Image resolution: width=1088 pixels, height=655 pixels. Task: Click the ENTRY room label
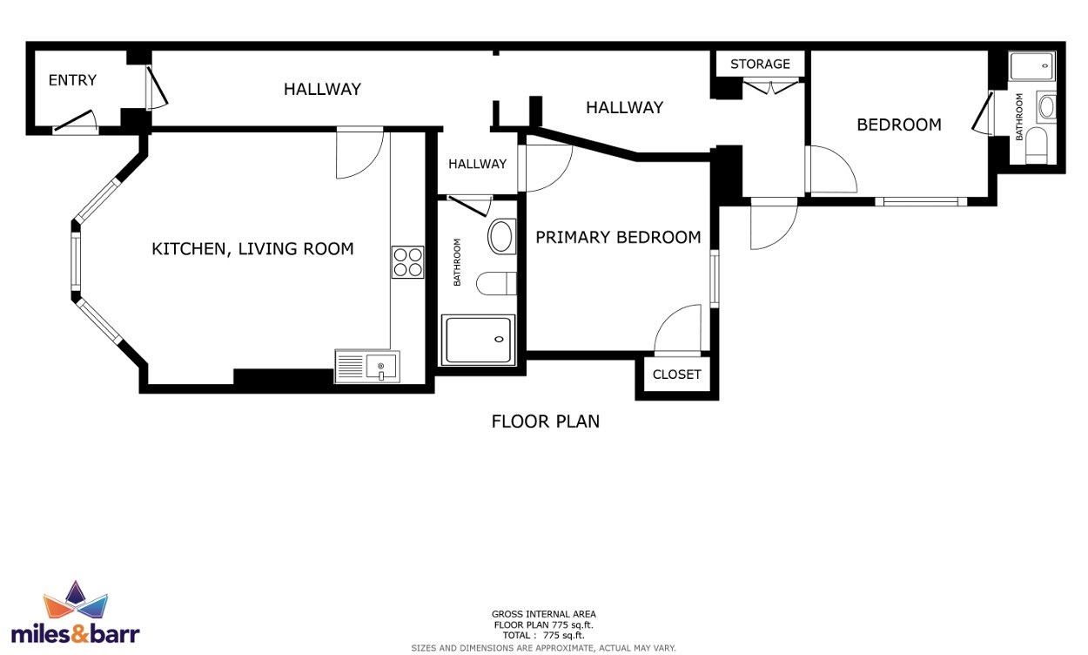coord(72,79)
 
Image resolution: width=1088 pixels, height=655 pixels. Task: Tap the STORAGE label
coord(760,64)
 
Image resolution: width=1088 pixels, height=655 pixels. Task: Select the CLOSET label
coord(676,375)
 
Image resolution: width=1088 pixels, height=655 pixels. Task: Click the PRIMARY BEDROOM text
coord(618,237)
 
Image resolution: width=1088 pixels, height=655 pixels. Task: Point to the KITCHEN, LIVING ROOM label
coord(252,249)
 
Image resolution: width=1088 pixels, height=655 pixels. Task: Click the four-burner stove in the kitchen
coord(407,262)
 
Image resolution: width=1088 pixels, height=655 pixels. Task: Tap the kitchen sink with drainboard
coord(367,367)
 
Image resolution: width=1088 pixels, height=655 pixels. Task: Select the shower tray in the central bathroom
coord(478,340)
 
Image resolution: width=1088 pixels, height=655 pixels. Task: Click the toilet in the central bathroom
coord(496,284)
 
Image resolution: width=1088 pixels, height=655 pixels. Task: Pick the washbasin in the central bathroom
coord(501,237)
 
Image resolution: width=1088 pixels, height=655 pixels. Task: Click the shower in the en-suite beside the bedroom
coord(1032,66)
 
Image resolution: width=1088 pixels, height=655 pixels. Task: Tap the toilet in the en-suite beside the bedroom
coord(1036,145)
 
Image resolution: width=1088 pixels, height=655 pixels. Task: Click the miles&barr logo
coord(75,613)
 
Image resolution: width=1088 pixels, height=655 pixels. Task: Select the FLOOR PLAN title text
coord(546,422)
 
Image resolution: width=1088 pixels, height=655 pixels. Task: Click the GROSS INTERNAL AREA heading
coord(543,614)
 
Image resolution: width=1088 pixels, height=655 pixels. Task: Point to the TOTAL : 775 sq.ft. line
coord(543,636)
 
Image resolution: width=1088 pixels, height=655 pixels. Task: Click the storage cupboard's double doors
coord(771,86)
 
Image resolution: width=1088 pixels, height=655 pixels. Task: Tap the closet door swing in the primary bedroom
coord(678,329)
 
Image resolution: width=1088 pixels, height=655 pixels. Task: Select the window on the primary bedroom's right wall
coord(714,279)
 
